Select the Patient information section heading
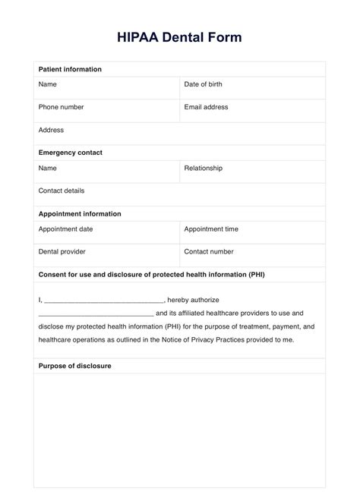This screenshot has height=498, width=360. [70, 69]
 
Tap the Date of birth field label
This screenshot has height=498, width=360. [203, 84]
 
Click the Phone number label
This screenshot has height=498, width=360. [61, 107]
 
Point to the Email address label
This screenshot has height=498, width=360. [206, 107]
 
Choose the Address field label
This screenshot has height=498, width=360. [51, 130]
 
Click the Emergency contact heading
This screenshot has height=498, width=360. [70, 153]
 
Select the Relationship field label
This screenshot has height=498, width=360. [203, 168]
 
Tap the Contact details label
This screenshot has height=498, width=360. [62, 191]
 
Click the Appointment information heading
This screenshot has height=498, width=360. [80, 214]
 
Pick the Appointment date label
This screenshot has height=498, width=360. [66, 229]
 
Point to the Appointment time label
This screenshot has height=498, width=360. [211, 229]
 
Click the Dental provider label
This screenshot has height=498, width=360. [62, 251]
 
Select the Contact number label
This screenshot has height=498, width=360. [209, 251]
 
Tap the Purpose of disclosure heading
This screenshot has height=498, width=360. [75, 366]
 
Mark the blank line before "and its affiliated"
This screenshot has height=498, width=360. [96, 314]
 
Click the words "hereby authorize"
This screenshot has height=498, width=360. [193, 300]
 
